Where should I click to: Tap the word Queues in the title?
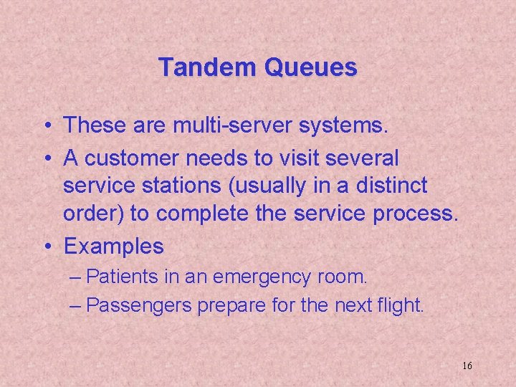click(x=310, y=67)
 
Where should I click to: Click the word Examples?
click(x=114, y=246)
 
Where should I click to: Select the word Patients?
click(x=129, y=276)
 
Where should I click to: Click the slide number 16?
click(x=467, y=365)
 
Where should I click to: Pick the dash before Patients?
click(x=77, y=277)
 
